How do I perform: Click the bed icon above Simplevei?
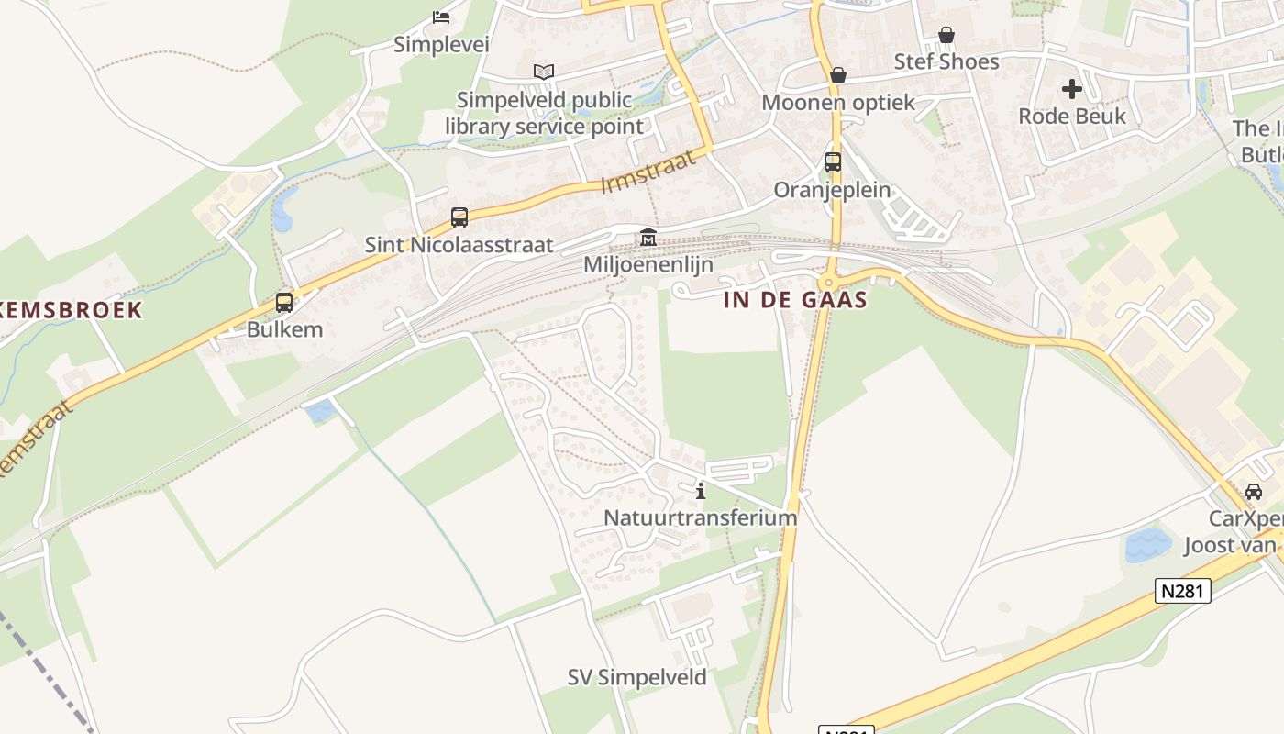tap(441, 17)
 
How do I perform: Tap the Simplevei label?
tap(441, 44)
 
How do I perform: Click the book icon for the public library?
tap(544, 72)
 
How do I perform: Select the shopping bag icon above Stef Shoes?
tap(946, 35)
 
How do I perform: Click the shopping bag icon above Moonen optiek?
tap(837, 75)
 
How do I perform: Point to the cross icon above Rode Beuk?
tap(1072, 89)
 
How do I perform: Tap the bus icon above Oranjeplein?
tap(833, 162)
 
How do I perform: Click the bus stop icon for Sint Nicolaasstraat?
tap(459, 217)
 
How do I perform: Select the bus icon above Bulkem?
tap(284, 302)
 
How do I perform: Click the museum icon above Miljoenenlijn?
tap(648, 238)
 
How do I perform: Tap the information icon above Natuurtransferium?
tap(701, 491)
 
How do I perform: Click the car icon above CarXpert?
tap(1254, 491)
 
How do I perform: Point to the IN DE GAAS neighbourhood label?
tap(795, 300)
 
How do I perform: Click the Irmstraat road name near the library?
tap(648, 172)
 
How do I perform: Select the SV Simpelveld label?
tap(636, 678)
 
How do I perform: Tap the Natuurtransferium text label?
tap(700, 517)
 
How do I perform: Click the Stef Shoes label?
tap(946, 61)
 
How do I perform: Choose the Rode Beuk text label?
tap(1072, 116)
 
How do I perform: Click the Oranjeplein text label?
tap(833, 190)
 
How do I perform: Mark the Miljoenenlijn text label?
tap(648, 265)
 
